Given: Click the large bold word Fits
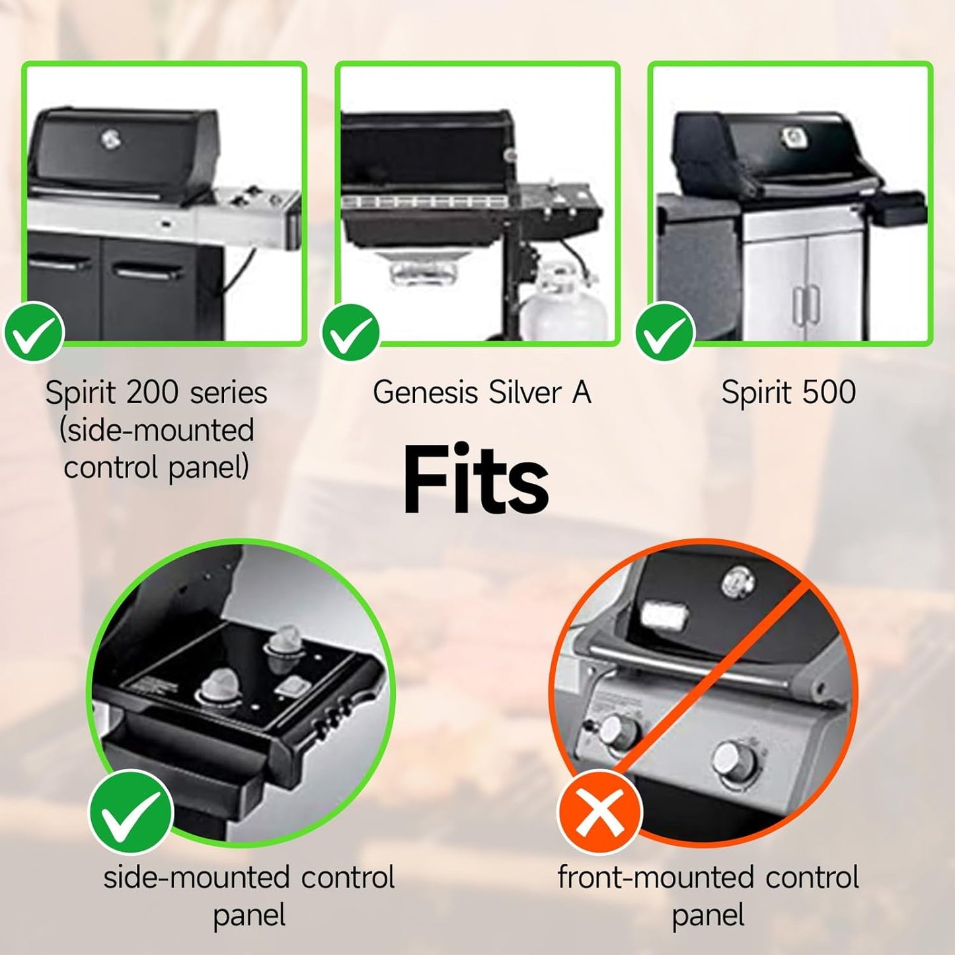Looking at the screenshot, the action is pyautogui.click(x=475, y=480).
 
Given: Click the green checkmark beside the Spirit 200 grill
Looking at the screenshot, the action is pyautogui.click(x=34, y=332).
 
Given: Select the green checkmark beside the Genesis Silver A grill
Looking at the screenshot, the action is pyautogui.click(x=350, y=332).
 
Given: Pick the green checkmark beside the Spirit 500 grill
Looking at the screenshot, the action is pyautogui.click(x=665, y=331).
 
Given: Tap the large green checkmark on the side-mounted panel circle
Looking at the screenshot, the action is pyautogui.click(x=131, y=812).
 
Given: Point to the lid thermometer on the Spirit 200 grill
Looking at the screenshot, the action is pyautogui.click(x=110, y=139).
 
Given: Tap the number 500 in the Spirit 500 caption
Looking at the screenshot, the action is pyautogui.click(x=832, y=393).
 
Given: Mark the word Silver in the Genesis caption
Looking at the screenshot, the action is pyautogui.click(x=525, y=393).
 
